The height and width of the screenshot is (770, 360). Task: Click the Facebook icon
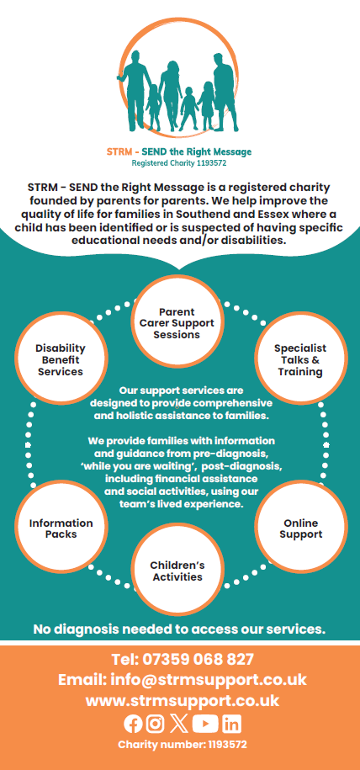click(133, 724)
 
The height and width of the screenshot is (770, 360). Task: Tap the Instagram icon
click(156, 724)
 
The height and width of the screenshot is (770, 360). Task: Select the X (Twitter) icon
click(179, 724)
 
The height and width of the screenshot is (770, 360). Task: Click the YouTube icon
click(205, 724)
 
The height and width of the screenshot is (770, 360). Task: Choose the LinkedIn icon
click(232, 724)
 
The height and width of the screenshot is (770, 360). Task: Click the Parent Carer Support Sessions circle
click(177, 322)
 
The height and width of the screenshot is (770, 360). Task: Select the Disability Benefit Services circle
click(61, 359)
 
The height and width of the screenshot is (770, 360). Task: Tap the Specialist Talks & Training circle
click(300, 359)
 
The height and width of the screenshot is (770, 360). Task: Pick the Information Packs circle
click(61, 528)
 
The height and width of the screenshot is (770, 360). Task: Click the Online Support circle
click(300, 528)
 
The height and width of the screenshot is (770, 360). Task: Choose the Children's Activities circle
click(177, 570)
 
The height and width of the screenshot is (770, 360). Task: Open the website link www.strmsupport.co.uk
click(183, 700)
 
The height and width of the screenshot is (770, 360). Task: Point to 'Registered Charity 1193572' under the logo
click(179, 163)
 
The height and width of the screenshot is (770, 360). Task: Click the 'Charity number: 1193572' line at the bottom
click(183, 745)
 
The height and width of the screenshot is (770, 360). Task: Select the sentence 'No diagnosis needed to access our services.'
click(179, 629)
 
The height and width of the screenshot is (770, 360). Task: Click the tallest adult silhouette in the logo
click(225, 93)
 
